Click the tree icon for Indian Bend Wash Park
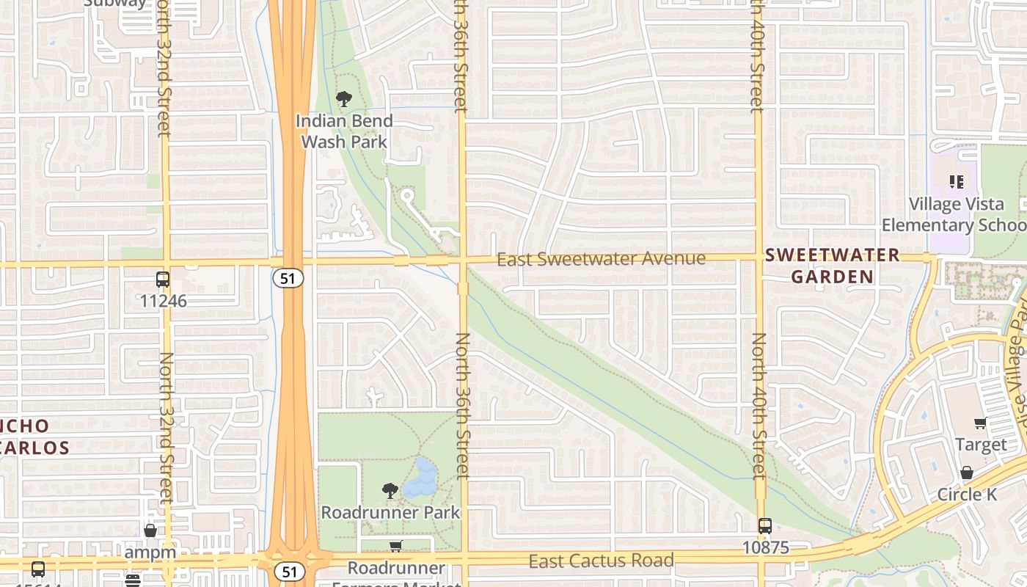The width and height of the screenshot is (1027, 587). (x=343, y=99)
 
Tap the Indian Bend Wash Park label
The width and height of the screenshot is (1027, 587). (x=344, y=131)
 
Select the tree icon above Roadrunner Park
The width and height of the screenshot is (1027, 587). (x=390, y=490)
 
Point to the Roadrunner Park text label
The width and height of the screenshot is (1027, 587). (x=390, y=512)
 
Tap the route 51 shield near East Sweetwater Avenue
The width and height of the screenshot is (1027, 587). (x=288, y=278)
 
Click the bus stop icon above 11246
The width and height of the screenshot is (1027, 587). (x=163, y=280)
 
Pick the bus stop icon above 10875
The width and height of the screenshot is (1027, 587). (x=764, y=526)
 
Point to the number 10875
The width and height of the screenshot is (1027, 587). (x=764, y=547)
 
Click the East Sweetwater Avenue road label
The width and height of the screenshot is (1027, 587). (x=601, y=258)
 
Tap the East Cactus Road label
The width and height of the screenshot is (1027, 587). (x=601, y=561)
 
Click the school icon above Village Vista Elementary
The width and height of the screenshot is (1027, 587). (x=956, y=181)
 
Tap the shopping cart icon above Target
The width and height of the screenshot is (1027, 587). (x=980, y=423)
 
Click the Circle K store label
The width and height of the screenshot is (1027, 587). (x=967, y=495)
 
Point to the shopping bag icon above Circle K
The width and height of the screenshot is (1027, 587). (x=967, y=473)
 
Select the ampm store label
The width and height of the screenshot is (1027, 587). (x=150, y=552)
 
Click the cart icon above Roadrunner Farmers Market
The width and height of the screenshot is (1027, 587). (x=395, y=546)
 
